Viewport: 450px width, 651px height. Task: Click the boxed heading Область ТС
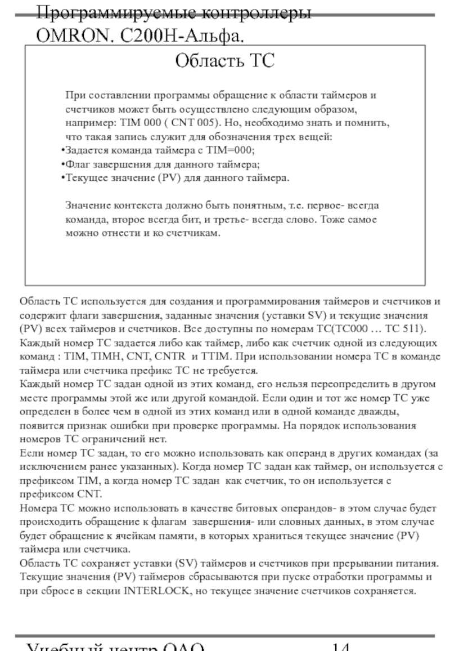(x=225, y=60)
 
